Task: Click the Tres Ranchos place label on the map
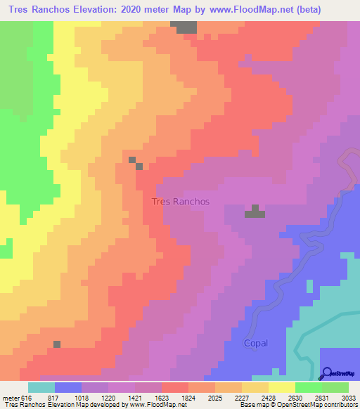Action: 181,202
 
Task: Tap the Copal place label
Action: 256,343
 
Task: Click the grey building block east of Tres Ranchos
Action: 255,212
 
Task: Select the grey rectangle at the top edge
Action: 186,27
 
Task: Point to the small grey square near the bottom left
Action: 57,344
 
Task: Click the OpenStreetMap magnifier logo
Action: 326,373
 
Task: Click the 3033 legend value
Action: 349,397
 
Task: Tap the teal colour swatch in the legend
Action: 41,387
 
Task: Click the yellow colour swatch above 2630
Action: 282,387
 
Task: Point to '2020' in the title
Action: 147,11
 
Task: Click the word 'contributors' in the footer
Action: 341,405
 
